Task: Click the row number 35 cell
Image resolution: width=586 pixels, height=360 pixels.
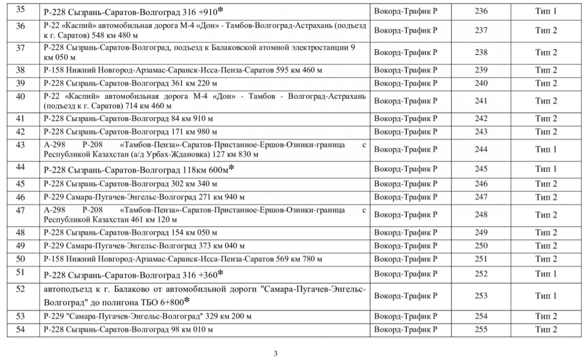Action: [20, 10]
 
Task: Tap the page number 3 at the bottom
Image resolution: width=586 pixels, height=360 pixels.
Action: [276, 354]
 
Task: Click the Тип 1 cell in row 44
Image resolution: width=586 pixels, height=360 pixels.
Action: [546, 169]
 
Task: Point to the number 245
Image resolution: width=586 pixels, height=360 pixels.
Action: [481, 169]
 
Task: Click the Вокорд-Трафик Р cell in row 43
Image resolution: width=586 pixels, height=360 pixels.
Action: [405, 150]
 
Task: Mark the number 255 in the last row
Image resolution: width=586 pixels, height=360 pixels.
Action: [481, 330]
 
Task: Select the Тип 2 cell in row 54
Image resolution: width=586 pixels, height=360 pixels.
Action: [546, 330]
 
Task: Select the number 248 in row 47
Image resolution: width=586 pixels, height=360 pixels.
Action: [481, 215]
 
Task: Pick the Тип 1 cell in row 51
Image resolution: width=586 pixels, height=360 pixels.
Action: [546, 274]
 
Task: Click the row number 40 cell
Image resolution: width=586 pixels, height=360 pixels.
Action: [20, 96]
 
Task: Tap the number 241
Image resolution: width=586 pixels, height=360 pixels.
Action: [481, 101]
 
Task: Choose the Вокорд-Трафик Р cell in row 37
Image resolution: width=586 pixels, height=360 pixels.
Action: [405, 53]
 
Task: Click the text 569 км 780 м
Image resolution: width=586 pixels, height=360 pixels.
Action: [298, 259]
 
